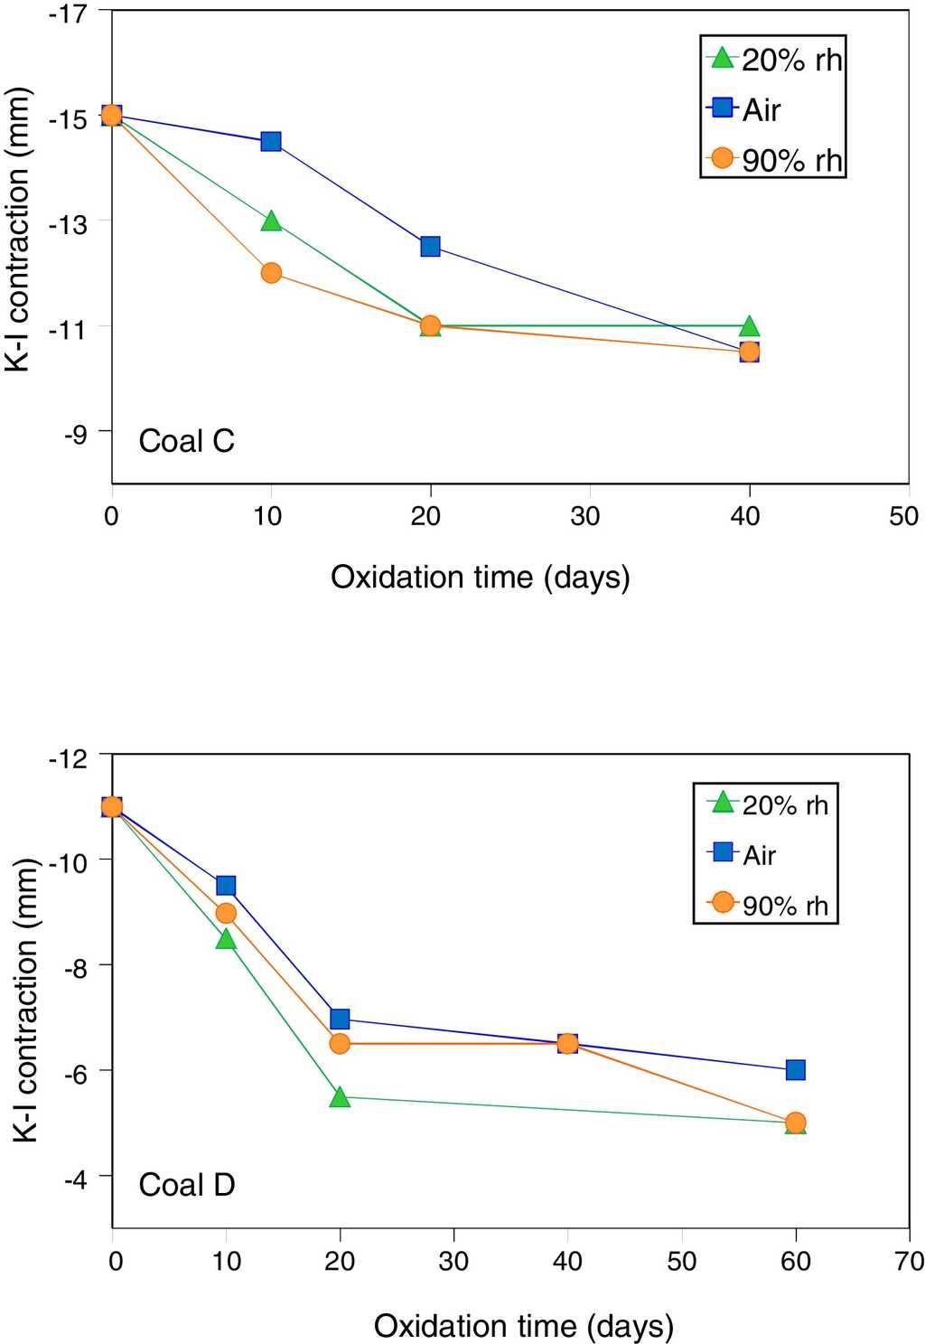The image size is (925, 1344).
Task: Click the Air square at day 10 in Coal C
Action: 271,141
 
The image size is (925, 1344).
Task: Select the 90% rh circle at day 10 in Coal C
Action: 271,273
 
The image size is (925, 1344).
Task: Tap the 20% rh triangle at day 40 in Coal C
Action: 749,325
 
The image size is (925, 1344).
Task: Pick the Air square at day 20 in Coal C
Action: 430,246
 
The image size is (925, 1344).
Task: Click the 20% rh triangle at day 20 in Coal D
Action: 340,1096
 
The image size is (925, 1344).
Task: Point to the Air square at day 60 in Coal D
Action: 795,1070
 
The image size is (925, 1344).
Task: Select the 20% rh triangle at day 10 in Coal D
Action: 226,939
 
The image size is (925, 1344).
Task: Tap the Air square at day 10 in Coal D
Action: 226,885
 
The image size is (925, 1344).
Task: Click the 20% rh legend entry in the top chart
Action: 774,60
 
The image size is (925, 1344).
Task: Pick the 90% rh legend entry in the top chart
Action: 774,160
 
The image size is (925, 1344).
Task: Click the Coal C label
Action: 186,441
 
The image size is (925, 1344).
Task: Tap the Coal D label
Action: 186,1184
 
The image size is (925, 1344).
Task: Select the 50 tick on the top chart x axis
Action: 903,516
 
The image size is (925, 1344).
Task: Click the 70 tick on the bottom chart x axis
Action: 908,1260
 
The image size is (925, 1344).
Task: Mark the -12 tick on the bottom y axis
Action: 78,757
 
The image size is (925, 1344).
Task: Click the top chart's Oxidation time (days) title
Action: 480,577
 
